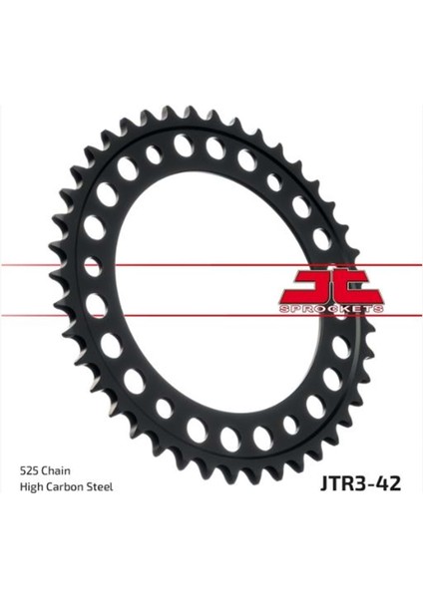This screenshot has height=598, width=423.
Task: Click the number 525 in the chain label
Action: [29, 470]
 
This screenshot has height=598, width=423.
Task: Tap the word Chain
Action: [56, 470]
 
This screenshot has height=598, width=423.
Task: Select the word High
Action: [30, 487]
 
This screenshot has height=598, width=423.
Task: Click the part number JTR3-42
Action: [361, 483]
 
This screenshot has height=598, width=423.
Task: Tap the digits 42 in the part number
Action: [389, 483]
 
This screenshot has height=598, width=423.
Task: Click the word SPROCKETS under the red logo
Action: [331, 309]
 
